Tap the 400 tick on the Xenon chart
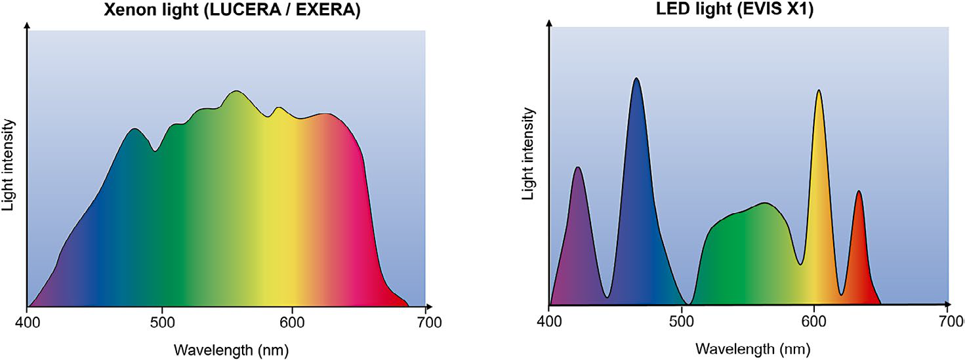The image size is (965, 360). point(27,322)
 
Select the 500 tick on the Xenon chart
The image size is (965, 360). point(161,322)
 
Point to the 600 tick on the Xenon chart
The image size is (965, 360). point(292,322)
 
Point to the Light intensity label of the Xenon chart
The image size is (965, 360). point(9,165)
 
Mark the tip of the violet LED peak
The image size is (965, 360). point(577,167)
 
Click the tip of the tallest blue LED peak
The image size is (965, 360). point(635,78)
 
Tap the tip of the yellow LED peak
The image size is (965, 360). point(818,90)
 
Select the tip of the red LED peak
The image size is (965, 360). point(858,191)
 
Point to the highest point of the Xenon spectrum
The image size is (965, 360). point(236,91)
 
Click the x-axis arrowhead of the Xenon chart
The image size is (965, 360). point(429,306)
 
